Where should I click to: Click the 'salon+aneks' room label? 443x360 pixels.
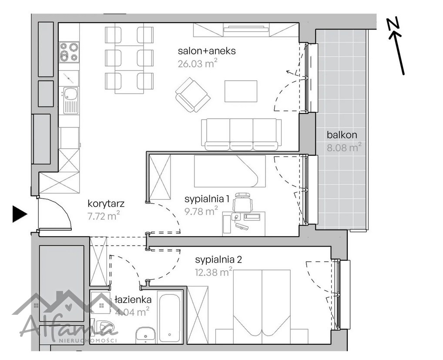click(207, 51)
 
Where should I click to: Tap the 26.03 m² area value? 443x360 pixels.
click(198, 63)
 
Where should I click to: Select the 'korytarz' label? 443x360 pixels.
click(106, 204)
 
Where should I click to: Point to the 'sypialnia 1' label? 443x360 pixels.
click(207, 199)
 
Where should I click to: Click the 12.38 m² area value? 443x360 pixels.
click(214, 272)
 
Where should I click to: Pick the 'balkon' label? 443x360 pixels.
click(342, 135)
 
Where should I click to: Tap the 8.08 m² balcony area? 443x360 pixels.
click(344, 147)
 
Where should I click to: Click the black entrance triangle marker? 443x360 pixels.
click(20, 214)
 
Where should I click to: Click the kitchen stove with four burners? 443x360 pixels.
click(69, 52)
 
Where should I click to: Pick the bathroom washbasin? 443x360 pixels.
click(145, 335)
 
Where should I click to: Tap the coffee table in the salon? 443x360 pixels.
click(241, 91)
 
